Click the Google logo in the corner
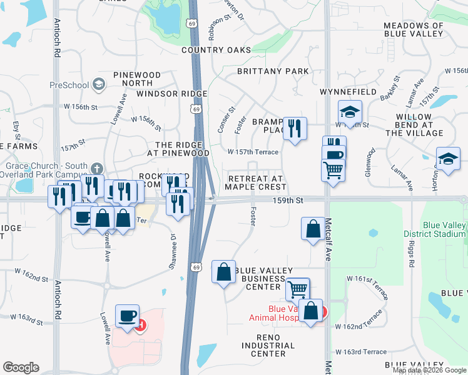click(x=21, y=367)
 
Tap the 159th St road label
click(x=291, y=201)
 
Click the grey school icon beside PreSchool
click(x=98, y=84)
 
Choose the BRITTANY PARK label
click(x=273, y=71)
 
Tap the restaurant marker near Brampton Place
click(x=295, y=128)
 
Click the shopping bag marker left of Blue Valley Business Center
click(x=223, y=272)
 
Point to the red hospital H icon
click(x=141, y=325)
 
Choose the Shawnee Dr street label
click(x=173, y=249)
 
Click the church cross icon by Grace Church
click(x=96, y=168)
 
